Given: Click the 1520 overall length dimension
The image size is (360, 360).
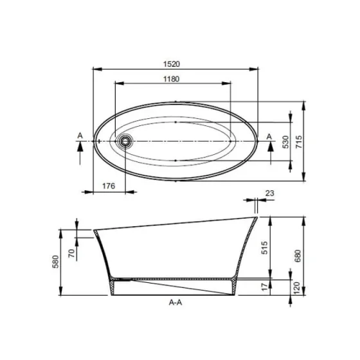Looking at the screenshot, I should pos(175,63).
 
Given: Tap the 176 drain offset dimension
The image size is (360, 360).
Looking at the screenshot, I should pos(109,186).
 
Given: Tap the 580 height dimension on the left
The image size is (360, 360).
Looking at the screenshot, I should pos(56,262).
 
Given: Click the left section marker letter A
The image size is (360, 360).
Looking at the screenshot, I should pos(80,135).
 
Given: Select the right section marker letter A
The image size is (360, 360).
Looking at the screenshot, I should pos(269,135).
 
